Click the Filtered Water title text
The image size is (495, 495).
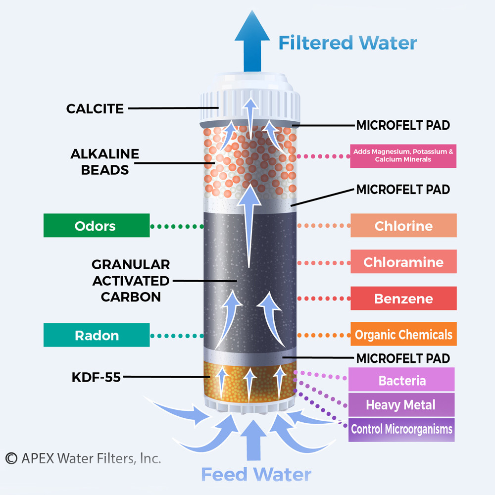(347, 43)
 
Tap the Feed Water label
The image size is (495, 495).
(256, 474)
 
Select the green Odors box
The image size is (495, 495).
(96, 226)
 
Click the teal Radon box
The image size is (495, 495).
(96, 335)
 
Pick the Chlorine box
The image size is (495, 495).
(403, 226)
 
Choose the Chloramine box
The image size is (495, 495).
(403, 262)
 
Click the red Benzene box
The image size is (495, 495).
(403, 298)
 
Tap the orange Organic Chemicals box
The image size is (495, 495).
(403, 335)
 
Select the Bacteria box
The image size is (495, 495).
(401, 380)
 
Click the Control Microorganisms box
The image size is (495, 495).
(401, 429)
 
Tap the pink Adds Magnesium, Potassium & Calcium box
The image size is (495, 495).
(402, 156)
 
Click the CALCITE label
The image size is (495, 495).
(95, 108)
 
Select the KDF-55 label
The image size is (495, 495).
(97, 377)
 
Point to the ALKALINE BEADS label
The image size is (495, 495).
(104, 161)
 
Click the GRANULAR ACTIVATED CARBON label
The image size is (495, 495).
(131, 281)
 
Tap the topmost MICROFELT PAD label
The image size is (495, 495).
(402, 125)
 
